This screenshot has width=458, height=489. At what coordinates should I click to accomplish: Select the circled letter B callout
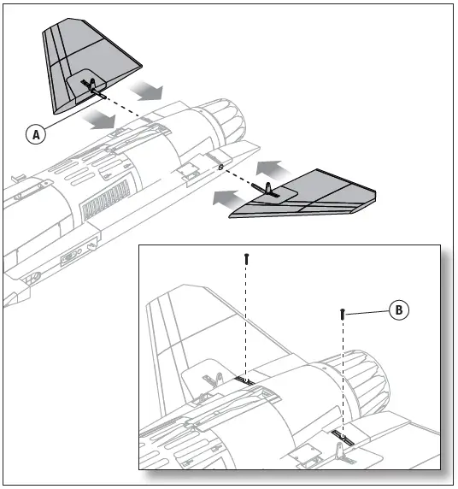(x=397, y=309)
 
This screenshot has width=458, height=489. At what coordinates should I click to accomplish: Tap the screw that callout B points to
(x=343, y=314)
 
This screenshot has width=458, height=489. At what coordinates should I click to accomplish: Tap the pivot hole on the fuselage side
(x=220, y=168)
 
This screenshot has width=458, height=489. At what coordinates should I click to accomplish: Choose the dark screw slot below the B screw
(x=342, y=435)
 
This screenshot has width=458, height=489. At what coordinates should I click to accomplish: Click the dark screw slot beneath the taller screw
(x=244, y=380)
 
